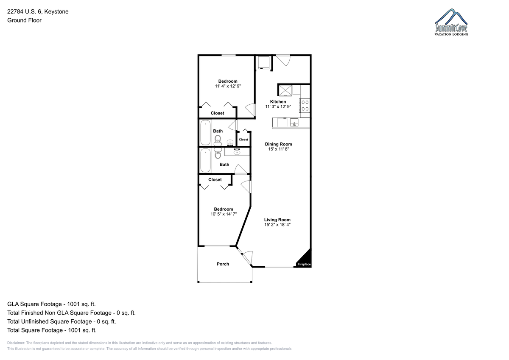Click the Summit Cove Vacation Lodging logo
(451, 22)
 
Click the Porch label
(223, 264)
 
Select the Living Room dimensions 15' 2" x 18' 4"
(277, 225)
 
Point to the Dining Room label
(278, 144)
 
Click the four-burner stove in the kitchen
(305, 106)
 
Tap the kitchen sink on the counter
(294, 123)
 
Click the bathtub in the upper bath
(205, 132)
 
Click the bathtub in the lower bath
(205, 160)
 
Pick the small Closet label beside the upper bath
(243, 140)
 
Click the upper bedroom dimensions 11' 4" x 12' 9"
(228, 86)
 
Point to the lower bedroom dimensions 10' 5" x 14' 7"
(224, 214)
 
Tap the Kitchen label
(278, 101)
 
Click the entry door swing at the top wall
(284, 60)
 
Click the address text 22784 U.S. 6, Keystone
(38, 11)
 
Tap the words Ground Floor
(24, 20)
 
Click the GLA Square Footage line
(51, 304)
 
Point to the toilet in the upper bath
(218, 140)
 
